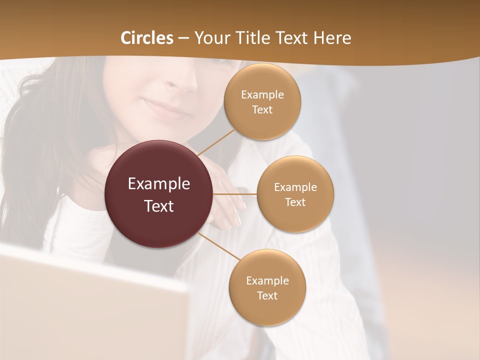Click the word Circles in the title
pyautogui.click(x=146, y=38)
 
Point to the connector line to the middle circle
pyautogui.click(x=235, y=194)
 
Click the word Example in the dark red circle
pyautogui.click(x=159, y=184)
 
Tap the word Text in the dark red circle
pyautogui.click(x=159, y=206)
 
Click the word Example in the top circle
pyautogui.click(x=262, y=95)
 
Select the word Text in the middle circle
pyautogui.click(x=295, y=202)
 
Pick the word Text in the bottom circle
pyautogui.click(x=267, y=296)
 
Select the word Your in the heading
pyautogui.click(x=209, y=38)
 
